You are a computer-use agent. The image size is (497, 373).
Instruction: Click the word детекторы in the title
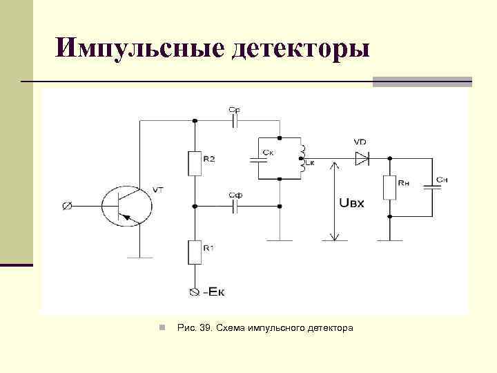302,48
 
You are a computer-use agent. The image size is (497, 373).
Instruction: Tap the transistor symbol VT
127,204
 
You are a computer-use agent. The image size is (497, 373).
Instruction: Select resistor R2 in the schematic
195,164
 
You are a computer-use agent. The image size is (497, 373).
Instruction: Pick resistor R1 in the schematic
195,251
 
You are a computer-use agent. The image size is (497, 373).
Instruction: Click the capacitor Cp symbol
235,120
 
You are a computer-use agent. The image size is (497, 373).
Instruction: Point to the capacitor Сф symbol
235,206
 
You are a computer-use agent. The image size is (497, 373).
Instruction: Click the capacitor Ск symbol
260,158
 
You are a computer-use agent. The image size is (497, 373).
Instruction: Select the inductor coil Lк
301,157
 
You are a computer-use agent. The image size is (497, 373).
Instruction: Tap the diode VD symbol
362,157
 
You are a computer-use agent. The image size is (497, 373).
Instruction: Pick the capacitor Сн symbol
433,186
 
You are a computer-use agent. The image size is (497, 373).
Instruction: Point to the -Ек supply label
213,292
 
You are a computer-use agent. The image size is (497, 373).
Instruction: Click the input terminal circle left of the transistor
68,205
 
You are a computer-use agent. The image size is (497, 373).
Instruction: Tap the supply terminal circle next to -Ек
194,292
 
